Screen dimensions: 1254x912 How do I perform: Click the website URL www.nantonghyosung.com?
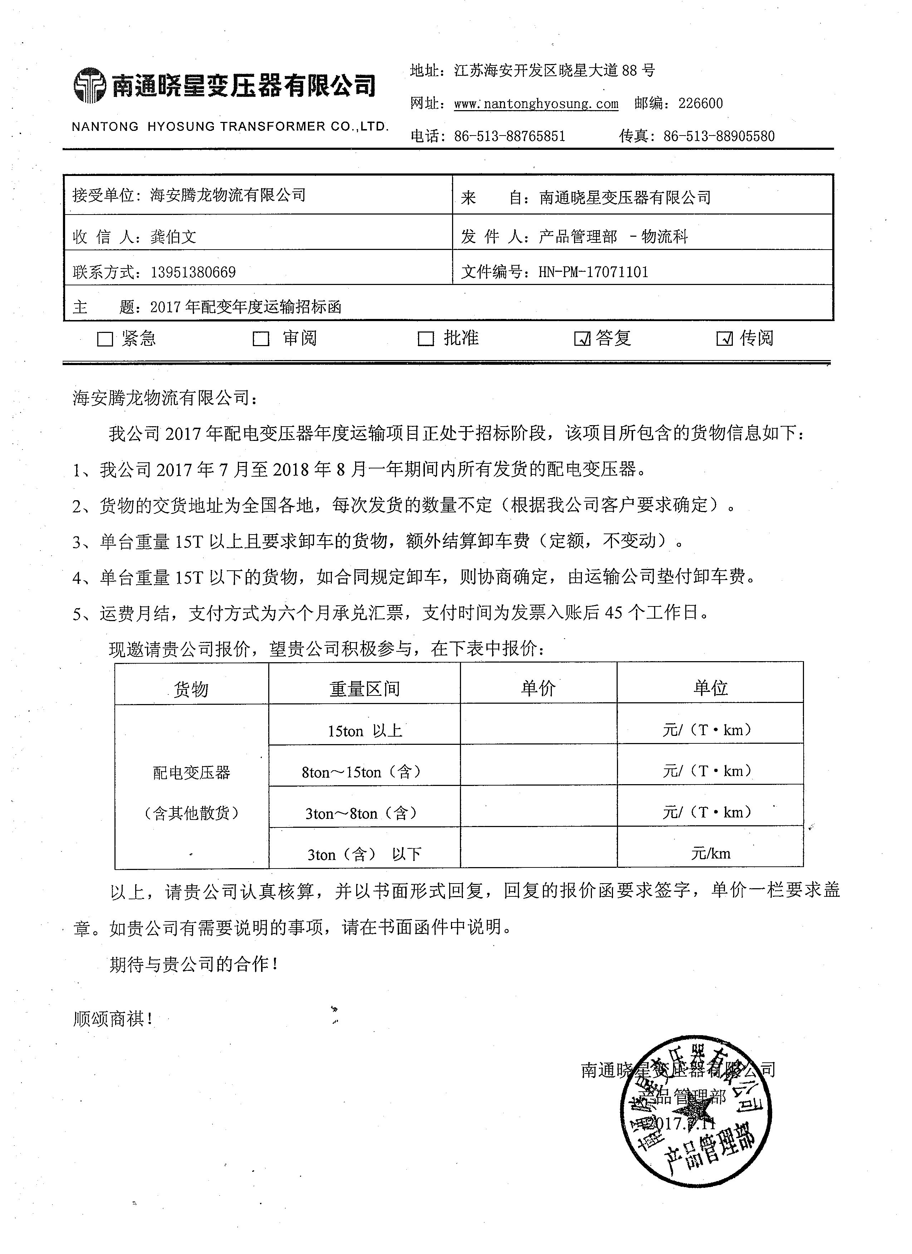[535, 103]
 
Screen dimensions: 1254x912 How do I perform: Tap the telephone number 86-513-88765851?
[509, 136]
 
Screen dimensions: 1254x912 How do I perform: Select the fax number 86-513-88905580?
[719, 136]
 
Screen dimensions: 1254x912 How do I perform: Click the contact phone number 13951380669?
[193, 272]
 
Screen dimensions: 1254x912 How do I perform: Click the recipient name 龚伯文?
[173, 237]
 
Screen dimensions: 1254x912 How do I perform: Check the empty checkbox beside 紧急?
[104, 339]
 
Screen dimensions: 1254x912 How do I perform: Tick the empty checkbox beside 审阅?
[260, 339]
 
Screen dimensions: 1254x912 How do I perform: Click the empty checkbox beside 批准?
[425, 339]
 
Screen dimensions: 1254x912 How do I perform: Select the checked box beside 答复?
[582, 339]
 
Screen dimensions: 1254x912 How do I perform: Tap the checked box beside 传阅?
[725, 339]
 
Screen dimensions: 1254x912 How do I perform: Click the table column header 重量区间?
[364, 688]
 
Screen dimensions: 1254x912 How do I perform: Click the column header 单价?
[538, 688]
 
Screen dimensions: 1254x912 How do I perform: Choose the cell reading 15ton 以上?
[364, 731]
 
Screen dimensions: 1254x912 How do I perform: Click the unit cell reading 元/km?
[710, 853]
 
